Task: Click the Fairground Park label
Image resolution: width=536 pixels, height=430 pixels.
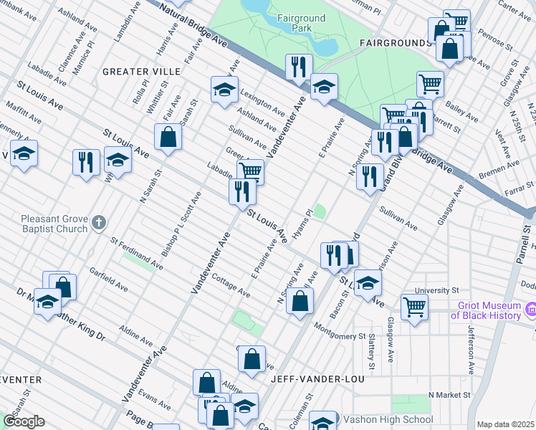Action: (301, 24)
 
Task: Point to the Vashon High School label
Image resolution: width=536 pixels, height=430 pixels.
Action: (388, 419)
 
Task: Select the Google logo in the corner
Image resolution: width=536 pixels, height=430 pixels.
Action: (24, 421)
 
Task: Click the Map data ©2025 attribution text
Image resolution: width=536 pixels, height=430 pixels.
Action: (506, 424)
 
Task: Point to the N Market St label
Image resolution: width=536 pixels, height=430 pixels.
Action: (449, 395)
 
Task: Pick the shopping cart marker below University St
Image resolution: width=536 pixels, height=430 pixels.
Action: (414, 308)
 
